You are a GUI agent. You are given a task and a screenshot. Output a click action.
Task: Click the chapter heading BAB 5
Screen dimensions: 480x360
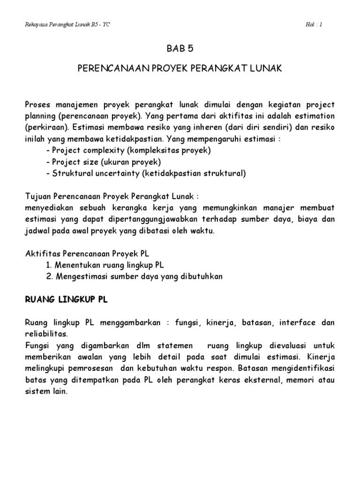tap(180, 48)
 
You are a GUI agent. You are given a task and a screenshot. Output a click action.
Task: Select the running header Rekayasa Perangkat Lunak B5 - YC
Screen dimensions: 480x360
tap(67, 25)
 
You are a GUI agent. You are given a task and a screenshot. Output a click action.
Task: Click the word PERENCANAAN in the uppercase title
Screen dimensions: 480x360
tap(109, 68)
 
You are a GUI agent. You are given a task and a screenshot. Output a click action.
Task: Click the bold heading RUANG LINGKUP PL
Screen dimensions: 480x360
tap(66, 300)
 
